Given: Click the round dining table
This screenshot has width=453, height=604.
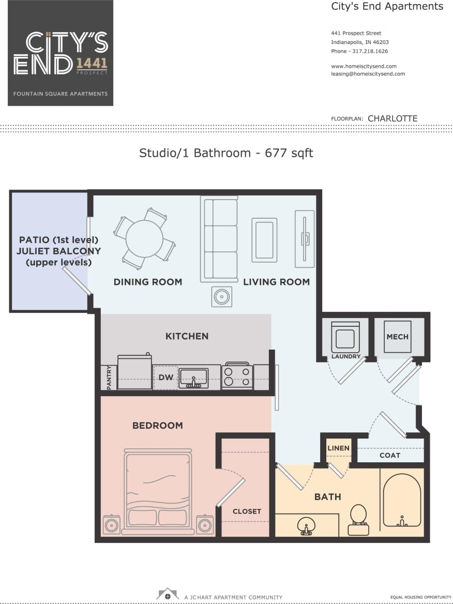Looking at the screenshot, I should pyautogui.click(x=144, y=238).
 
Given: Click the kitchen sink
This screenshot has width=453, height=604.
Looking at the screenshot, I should pyautogui.click(x=193, y=379).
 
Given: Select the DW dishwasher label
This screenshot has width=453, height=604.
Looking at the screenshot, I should pyautogui.click(x=165, y=377).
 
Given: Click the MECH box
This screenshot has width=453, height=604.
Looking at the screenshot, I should pyautogui.click(x=397, y=337).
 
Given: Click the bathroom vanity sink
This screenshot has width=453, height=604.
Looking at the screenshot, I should pyautogui.click(x=306, y=526).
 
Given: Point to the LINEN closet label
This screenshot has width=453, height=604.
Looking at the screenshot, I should pyautogui.click(x=338, y=448).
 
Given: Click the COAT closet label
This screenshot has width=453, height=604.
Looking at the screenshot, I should pyautogui.click(x=389, y=455).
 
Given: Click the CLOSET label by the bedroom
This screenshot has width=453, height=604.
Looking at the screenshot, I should pyautogui.click(x=247, y=511).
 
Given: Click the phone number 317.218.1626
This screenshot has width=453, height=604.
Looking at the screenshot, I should pyautogui.click(x=370, y=51).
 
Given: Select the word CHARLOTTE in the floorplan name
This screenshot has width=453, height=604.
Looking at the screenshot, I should pyautogui.click(x=392, y=118).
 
